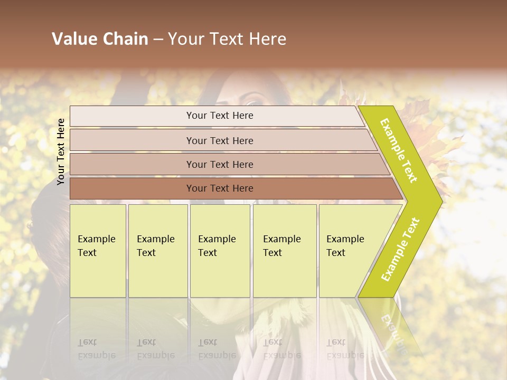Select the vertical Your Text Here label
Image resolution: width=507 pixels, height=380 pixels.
(x=61, y=151)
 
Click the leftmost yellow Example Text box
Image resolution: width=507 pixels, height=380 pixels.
(x=98, y=250)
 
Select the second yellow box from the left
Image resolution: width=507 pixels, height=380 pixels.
(x=158, y=250)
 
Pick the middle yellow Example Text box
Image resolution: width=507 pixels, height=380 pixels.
(x=220, y=250)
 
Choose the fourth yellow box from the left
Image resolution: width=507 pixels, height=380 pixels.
(x=285, y=250)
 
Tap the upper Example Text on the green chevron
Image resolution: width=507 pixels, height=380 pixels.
(x=399, y=150)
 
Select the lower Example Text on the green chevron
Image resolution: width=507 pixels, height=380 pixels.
(x=400, y=249)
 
